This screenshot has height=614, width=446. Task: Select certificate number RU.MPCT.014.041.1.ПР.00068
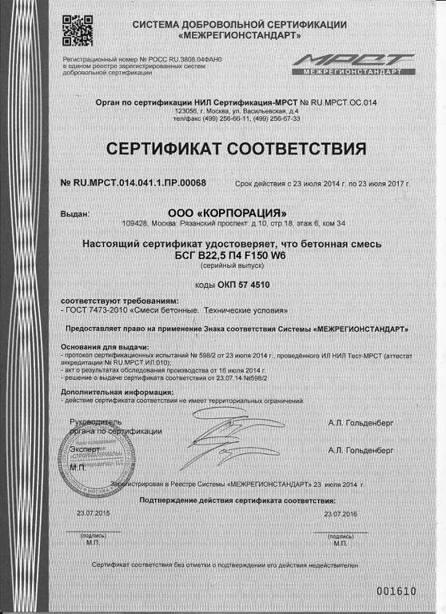point(134,183)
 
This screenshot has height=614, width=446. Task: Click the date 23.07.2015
point(92,512)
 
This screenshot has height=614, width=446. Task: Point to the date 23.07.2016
point(340,512)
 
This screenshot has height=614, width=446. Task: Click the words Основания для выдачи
point(104,348)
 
